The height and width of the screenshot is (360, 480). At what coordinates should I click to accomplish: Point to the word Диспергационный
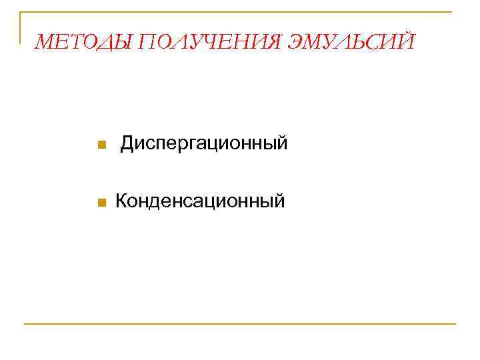point(204,143)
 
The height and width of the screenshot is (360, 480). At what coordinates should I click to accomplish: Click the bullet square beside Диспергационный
point(100,145)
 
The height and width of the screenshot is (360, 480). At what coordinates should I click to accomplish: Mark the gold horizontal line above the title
point(240,13)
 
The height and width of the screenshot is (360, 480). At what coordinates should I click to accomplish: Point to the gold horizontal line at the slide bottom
point(240,324)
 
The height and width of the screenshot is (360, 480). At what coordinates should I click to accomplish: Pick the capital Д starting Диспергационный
point(127,143)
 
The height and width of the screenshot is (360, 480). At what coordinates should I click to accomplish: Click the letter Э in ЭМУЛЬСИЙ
point(297,43)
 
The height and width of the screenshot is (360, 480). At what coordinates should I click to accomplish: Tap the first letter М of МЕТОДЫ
point(45,43)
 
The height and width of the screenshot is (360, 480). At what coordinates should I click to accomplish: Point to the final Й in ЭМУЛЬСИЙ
point(407,43)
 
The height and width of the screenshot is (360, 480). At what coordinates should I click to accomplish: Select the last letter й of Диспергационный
point(283,143)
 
